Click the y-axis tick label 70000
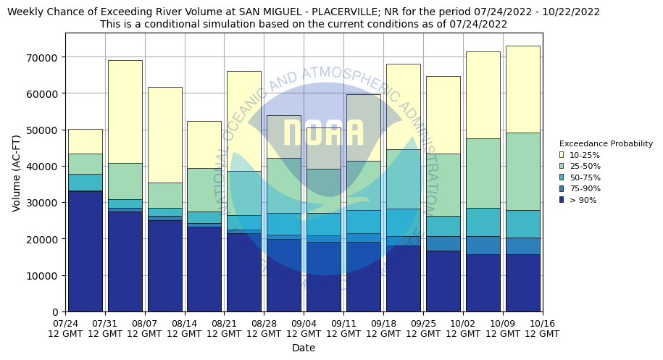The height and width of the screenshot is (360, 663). [46, 57]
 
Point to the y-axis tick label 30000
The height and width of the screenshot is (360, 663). [46, 203]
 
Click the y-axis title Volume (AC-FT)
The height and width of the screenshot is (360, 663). [17, 172]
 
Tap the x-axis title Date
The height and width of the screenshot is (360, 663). [304, 348]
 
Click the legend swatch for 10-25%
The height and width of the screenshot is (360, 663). [562, 155]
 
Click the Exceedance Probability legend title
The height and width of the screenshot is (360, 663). [606, 143]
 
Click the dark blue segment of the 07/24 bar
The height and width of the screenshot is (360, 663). [85, 251]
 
